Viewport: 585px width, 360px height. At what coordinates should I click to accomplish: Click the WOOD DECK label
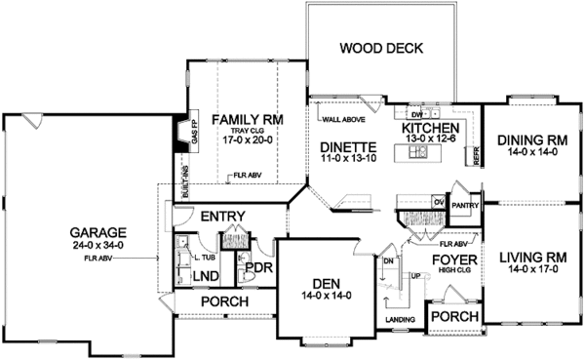[380, 48]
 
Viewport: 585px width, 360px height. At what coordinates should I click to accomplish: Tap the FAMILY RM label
[249, 118]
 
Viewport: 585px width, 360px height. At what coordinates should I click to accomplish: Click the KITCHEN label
[431, 128]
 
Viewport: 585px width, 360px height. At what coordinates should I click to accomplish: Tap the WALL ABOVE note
[338, 120]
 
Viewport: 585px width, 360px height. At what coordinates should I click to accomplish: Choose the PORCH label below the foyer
[454, 318]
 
